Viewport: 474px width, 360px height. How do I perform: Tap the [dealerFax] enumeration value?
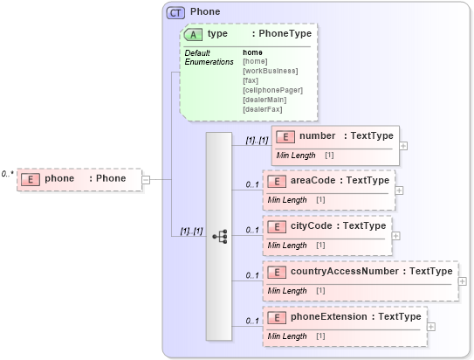click(x=263, y=108)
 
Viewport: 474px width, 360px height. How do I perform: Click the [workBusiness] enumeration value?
click(x=270, y=71)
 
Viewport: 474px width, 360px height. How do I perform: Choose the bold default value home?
click(x=252, y=52)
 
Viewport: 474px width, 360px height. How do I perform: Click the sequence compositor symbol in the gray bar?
click(x=219, y=236)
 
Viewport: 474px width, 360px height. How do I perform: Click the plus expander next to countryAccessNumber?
click(x=463, y=281)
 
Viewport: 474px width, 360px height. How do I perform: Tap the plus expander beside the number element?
click(x=403, y=145)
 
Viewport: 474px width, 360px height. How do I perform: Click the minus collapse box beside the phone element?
click(x=146, y=179)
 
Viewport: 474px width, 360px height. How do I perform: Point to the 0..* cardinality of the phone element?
click(x=8, y=174)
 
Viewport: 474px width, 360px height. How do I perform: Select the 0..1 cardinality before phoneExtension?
click(x=252, y=321)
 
